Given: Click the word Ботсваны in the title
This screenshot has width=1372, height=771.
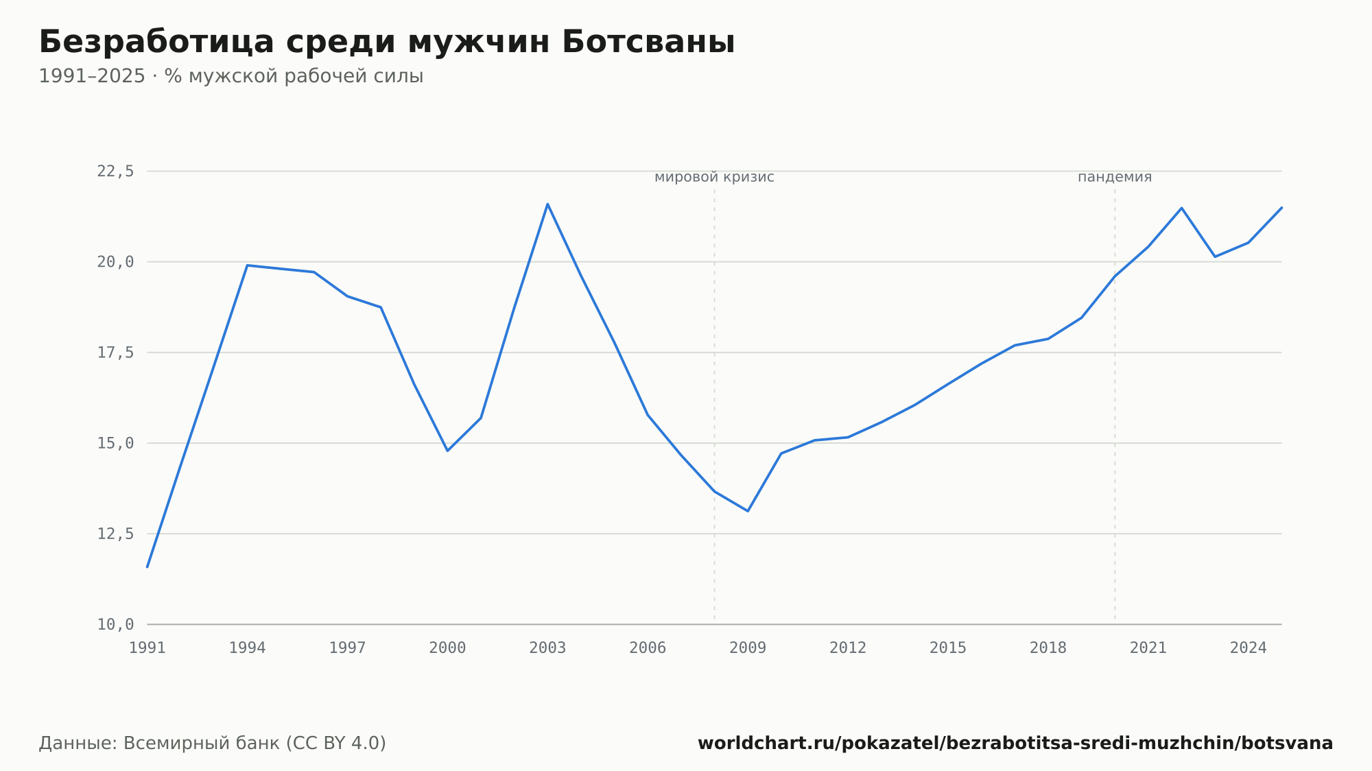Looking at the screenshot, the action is pyautogui.click(x=648, y=42).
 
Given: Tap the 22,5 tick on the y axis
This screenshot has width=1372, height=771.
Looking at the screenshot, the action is pyautogui.click(x=115, y=171).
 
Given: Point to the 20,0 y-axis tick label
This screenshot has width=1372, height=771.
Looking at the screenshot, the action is pyautogui.click(x=115, y=262).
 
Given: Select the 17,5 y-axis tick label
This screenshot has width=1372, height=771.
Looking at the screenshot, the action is pyautogui.click(x=115, y=353).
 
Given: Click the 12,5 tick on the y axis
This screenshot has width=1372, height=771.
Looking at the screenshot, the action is pyautogui.click(x=115, y=534).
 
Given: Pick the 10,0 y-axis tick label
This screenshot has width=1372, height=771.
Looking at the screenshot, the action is pyautogui.click(x=115, y=624).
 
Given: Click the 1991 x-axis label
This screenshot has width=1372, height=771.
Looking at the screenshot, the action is pyautogui.click(x=147, y=648).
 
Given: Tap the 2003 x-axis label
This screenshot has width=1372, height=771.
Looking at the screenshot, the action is pyautogui.click(x=547, y=648).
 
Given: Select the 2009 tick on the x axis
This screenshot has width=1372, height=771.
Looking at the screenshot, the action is pyautogui.click(x=748, y=648).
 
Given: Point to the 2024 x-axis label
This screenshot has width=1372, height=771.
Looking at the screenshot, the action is pyautogui.click(x=1249, y=648).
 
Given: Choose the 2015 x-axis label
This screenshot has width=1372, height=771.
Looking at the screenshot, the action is pyautogui.click(x=948, y=648).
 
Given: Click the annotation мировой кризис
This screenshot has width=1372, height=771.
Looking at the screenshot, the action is pyautogui.click(x=714, y=177).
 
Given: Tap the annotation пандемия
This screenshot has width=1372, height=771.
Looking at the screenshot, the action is pyautogui.click(x=1115, y=177).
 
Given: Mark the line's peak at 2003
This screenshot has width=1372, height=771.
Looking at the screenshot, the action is pyautogui.click(x=547, y=204).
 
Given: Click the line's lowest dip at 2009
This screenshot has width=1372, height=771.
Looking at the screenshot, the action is pyautogui.click(x=748, y=511).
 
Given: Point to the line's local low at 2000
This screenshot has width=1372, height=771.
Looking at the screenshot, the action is pyautogui.click(x=447, y=451).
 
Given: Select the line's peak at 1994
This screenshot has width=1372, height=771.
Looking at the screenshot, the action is pyautogui.click(x=247, y=265).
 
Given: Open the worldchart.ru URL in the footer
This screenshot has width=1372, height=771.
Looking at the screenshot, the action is pyautogui.click(x=1015, y=744).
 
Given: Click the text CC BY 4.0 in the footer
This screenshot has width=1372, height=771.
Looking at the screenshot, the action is pyautogui.click(x=335, y=744).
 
